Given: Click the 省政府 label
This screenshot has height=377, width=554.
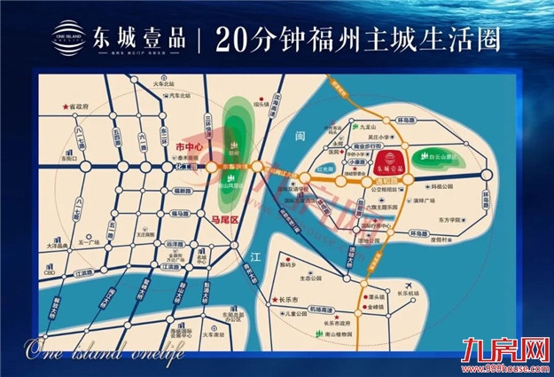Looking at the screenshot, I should (x=80, y=106).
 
